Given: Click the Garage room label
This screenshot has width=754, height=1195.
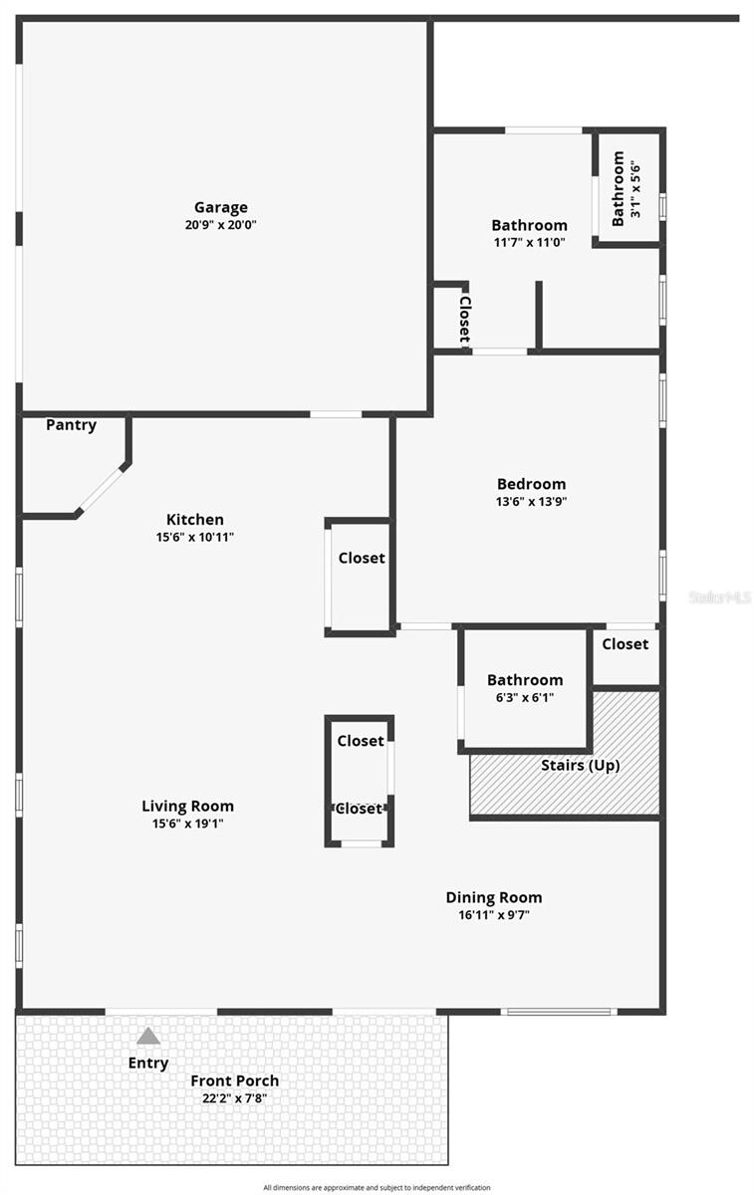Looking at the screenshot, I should coord(220,207).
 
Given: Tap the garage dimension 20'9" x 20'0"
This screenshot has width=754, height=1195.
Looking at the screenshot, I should coord(220,225).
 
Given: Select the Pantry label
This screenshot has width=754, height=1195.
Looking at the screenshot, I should coord(72,425).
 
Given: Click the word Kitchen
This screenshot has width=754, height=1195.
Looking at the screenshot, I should coord(194,519).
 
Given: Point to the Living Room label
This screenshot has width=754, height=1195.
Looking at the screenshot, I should coord(187,806).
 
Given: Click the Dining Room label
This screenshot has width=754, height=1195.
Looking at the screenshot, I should coord(493,897).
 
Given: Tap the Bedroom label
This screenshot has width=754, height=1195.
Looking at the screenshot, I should coord(531,484).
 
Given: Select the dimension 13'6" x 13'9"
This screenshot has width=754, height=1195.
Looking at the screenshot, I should coord(531,502).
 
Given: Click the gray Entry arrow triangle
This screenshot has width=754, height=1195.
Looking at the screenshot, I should coord(148,1036).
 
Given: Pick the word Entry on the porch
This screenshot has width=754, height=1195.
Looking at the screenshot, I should coord(148,1063).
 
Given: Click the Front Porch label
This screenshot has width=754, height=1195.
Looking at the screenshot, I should coord(235,1080).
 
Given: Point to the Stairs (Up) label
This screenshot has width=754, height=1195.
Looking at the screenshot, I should coord(580,766).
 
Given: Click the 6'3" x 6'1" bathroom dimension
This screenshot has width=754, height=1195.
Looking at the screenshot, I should coord(525,697).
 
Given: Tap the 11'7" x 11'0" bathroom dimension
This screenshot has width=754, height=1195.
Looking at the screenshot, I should coord(529,242).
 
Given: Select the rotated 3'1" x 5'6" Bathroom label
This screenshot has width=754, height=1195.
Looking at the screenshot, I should coord(626,188).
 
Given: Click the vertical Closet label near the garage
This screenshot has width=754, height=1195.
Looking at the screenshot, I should coord(464,318).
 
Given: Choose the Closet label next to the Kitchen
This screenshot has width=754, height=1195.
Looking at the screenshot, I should coord(361,559).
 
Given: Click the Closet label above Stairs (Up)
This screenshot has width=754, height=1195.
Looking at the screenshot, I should coord(625,644).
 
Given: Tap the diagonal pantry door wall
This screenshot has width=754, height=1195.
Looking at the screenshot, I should coord(102,489).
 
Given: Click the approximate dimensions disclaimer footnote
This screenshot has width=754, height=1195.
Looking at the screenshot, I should coord(377,1187).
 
